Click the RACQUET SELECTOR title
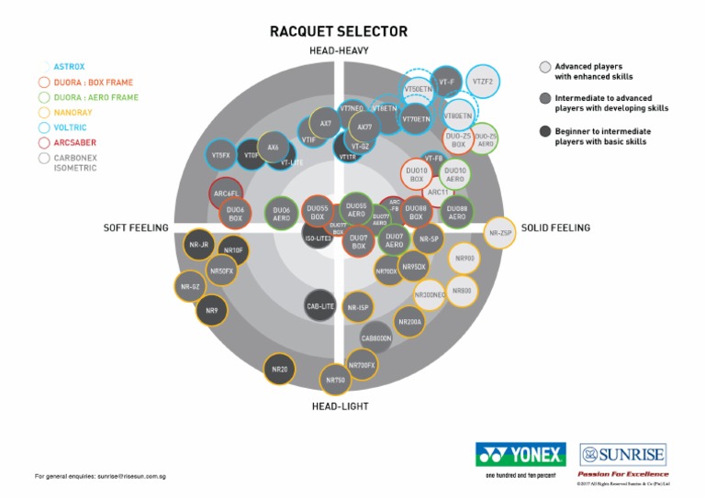(339, 31)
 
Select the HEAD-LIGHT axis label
(339, 404)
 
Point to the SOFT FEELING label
(135, 227)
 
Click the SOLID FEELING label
(555, 227)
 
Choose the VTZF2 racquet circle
(483, 82)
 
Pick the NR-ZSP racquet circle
(500, 233)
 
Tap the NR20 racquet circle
(280, 371)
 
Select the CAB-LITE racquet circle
(319, 306)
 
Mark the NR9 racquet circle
(212, 311)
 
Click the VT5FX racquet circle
(221, 156)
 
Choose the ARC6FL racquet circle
(226, 194)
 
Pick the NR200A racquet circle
(409, 322)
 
